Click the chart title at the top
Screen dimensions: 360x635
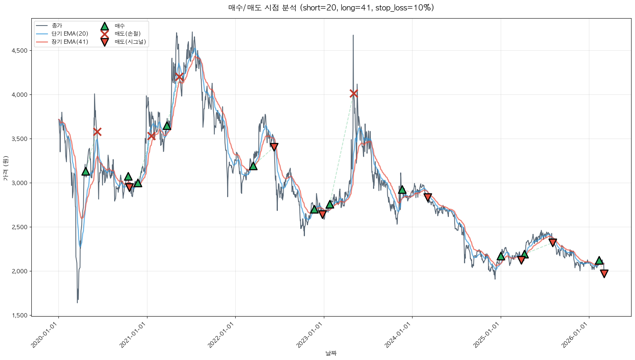click(x=331, y=8)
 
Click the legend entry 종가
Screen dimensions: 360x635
click(x=56, y=26)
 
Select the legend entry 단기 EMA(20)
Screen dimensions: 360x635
click(x=70, y=34)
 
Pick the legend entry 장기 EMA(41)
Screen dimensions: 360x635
click(x=70, y=42)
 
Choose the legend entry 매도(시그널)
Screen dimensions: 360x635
click(x=130, y=42)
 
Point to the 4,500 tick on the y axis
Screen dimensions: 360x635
click(x=19, y=51)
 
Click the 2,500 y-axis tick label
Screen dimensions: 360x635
click(x=19, y=227)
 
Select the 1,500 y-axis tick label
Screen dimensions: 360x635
click(x=19, y=315)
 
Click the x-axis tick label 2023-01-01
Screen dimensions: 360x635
click(x=310, y=335)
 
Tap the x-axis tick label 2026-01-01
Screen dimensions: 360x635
click(x=575, y=335)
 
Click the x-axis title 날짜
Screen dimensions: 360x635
click(x=331, y=353)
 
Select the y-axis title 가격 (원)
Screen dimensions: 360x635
click(x=5, y=168)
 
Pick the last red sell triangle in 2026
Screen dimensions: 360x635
click(x=604, y=274)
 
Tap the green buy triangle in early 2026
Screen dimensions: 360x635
click(x=599, y=261)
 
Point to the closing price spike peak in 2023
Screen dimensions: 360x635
click(x=353, y=36)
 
